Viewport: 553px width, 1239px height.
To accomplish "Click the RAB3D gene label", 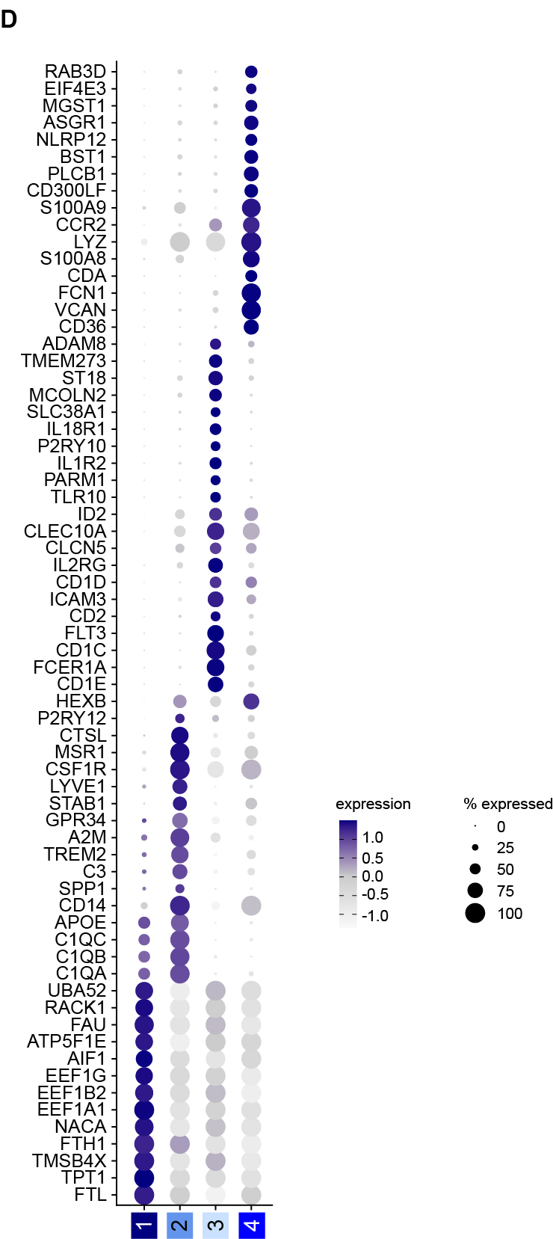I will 75,72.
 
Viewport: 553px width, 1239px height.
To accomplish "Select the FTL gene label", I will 90,1195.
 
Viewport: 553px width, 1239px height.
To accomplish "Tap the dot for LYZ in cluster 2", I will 179,242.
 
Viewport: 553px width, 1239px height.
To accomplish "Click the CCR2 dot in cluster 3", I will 215,225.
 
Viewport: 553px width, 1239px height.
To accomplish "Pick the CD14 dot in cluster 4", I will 251,906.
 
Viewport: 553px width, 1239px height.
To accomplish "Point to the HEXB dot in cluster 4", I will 251,701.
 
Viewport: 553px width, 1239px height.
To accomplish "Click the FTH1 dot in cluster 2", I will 179,1144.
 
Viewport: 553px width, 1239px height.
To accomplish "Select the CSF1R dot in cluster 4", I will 251,769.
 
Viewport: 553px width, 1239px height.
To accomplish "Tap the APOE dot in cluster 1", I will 144,923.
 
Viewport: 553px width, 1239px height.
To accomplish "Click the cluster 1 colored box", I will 144,1226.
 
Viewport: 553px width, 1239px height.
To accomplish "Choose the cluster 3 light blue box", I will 215,1226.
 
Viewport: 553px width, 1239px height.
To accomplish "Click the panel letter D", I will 9,19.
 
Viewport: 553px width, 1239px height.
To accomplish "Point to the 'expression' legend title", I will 373,804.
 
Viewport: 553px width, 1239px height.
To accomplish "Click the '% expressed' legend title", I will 507,804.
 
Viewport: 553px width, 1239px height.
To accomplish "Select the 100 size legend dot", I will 475,913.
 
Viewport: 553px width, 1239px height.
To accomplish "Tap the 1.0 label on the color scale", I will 373,837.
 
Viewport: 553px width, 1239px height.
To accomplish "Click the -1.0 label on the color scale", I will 374,916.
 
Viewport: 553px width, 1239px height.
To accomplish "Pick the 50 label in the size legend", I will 505,870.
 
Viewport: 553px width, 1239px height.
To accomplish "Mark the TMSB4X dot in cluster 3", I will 215,1161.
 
